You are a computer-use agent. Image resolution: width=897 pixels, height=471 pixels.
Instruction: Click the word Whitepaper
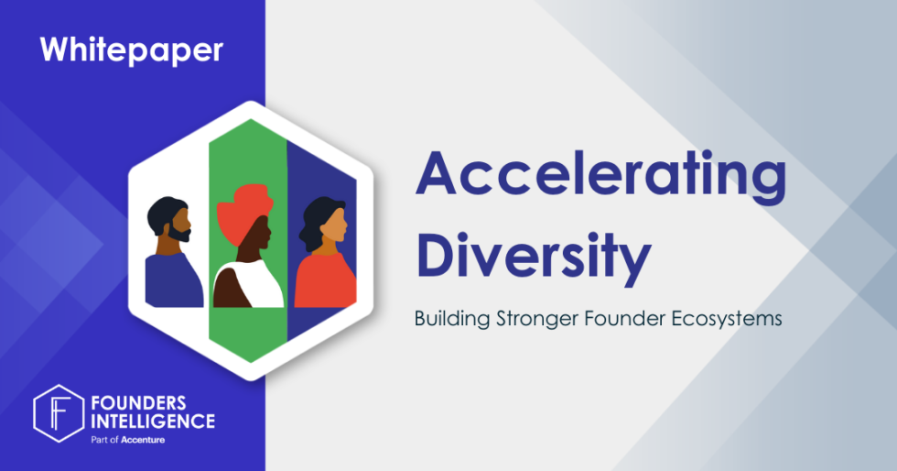[131, 49]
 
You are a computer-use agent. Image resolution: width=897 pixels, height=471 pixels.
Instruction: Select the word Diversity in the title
[535, 256]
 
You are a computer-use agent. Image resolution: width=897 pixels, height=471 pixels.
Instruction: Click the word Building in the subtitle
[448, 320]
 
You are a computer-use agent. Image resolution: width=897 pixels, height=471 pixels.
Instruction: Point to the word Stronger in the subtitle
[530, 320]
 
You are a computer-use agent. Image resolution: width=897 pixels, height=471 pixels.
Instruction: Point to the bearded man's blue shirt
[172, 279]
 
